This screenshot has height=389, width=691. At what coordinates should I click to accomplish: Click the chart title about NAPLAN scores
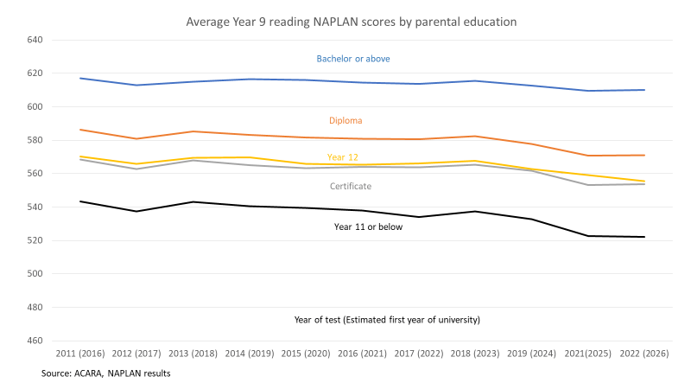click(x=346, y=20)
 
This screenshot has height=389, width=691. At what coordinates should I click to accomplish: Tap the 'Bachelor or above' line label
click(x=353, y=60)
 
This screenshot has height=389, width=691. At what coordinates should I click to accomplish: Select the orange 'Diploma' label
click(x=345, y=121)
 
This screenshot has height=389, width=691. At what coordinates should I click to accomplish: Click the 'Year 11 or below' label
click(x=369, y=226)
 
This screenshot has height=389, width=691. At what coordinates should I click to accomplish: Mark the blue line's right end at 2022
click(x=645, y=90)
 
